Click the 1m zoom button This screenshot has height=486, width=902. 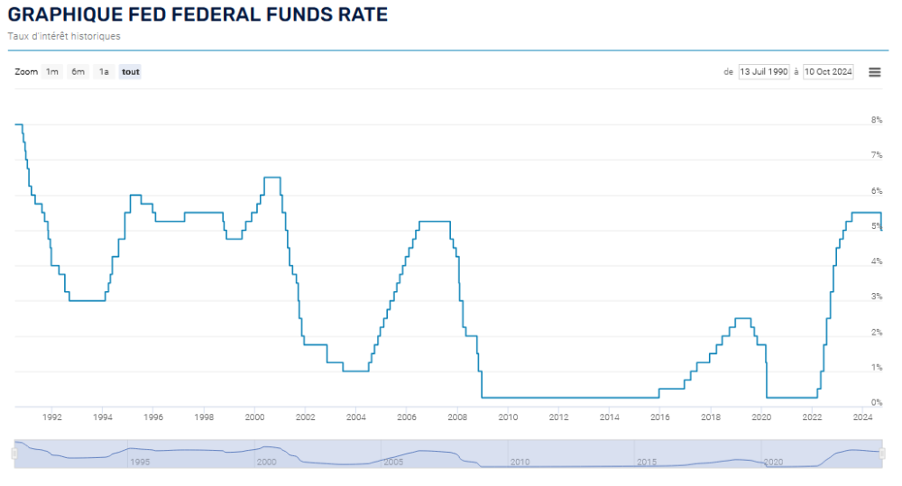click(52, 72)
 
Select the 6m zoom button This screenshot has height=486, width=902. click(78, 72)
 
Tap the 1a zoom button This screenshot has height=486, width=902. click(104, 72)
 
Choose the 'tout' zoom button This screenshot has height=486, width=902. click(131, 72)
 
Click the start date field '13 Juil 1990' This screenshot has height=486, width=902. click(764, 72)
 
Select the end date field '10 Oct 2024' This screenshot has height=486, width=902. click(828, 72)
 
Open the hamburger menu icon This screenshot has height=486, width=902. click(874, 72)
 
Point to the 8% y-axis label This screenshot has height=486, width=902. click(876, 120)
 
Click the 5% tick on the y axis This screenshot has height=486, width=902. click(876, 226)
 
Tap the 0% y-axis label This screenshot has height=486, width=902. click(876, 403)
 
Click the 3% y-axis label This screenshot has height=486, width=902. click(876, 297)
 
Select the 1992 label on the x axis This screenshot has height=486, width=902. click(51, 417)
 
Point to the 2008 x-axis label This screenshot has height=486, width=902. click(457, 417)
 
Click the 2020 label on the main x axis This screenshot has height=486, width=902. click(762, 417)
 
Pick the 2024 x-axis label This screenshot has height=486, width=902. click(863, 417)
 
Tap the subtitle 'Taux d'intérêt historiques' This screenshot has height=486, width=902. click(64, 37)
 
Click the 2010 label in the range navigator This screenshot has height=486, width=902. click(520, 462)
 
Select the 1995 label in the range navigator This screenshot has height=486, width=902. click(139, 462)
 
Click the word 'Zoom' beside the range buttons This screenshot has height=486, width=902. click(26, 72)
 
